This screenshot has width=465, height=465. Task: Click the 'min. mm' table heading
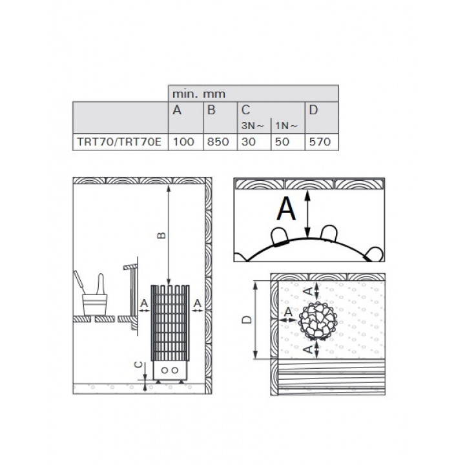click(199, 94)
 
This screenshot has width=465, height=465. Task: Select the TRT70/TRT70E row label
click(119, 141)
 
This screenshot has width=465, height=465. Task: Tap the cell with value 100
click(183, 141)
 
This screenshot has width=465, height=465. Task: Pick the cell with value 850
click(218, 141)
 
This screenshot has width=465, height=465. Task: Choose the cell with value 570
click(320, 141)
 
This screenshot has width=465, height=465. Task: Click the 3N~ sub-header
click(253, 126)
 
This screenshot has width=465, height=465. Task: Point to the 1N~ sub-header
click(286, 126)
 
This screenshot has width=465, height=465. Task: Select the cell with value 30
click(249, 141)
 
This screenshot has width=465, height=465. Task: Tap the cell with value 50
click(282, 141)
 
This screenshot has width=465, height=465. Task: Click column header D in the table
click(313, 110)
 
